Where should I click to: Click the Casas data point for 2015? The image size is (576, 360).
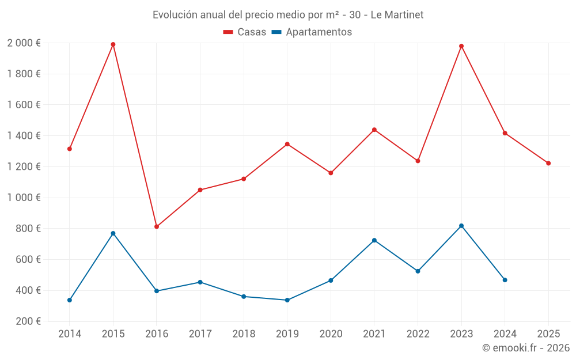[113, 44]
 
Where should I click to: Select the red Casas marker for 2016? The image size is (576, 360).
[157, 226]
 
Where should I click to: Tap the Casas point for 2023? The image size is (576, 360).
[461, 46]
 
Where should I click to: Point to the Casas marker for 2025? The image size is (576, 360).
[548, 163]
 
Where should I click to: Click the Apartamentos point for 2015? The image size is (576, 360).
[113, 233]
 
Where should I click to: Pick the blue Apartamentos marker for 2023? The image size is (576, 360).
[461, 226]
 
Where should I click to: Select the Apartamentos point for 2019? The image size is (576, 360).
[287, 300]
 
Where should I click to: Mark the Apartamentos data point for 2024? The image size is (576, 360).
[505, 280]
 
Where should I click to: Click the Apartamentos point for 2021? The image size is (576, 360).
[374, 240]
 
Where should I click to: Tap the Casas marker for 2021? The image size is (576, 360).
[374, 130]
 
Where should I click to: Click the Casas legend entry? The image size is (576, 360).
[245, 32]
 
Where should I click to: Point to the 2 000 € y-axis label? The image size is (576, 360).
[24, 43]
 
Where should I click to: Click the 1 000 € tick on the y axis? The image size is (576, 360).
[24, 198]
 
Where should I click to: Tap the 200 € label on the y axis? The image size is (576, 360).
[27, 321]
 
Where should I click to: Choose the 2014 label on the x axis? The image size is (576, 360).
[70, 334]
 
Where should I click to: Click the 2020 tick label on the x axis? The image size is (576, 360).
[331, 334]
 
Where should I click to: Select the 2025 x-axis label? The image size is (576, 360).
[548, 334]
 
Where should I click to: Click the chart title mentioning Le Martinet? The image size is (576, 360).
[288, 15]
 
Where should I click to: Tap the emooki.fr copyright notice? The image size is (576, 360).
[525, 348]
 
